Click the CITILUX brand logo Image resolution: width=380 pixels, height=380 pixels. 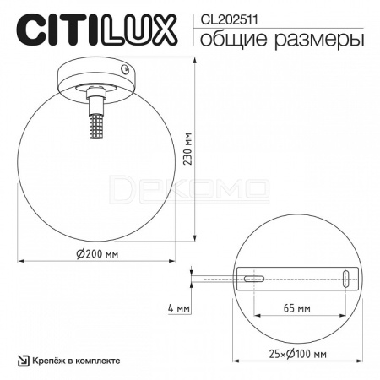pyautogui.click(x=96, y=30)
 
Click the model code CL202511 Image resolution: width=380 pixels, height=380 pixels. pyautogui.click(x=229, y=20)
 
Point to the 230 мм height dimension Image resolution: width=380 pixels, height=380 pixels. pyautogui.click(x=187, y=149)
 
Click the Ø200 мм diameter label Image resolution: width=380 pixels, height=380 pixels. pyautogui.click(x=97, y=254)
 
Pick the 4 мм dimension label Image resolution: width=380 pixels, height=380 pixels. pyautogui.click(x=179, y=308)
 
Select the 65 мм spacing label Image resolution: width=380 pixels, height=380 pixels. pyautogui.click(x=297, y=308)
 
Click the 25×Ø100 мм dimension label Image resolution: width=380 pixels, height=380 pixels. pyautogui.click(x=298, y=354)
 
